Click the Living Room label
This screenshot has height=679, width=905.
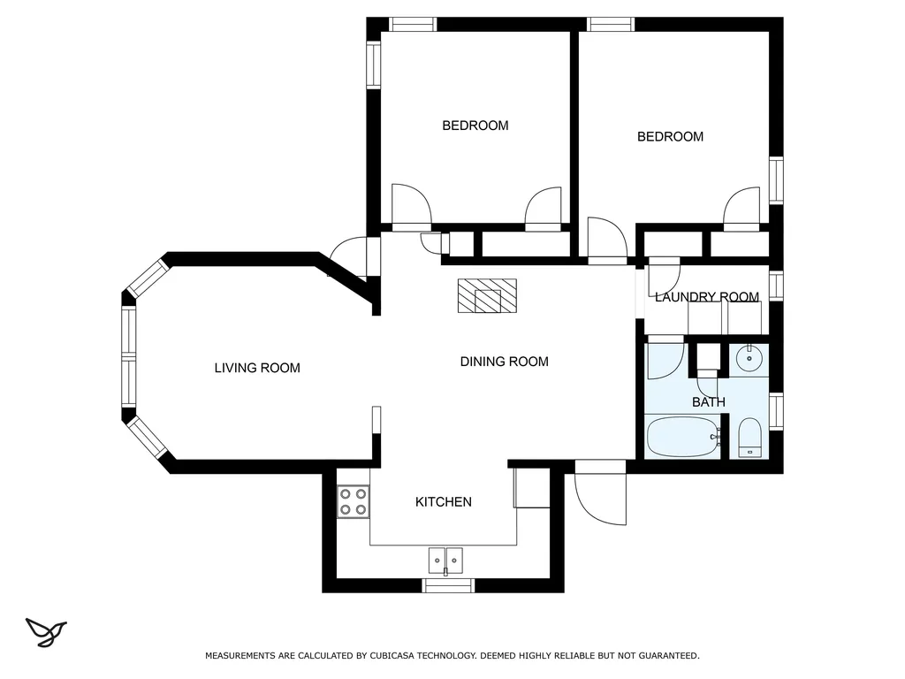coord(257,368)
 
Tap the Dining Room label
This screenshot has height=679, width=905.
coord(504,362)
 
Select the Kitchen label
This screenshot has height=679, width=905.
coord(444,502)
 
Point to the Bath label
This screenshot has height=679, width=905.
coord(708,402)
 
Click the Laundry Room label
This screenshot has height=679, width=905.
coord(706,297)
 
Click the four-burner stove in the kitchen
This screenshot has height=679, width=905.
coord(354,501)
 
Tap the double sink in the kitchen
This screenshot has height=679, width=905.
coord(445,561)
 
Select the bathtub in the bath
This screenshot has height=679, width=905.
coord(683,437)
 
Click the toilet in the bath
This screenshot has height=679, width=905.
coord(749,438)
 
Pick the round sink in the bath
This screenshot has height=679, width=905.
coord(749,360)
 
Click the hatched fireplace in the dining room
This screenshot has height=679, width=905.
coord(487,295)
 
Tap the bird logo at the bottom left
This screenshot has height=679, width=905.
coord(46,632)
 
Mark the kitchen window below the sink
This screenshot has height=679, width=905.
coord(448,585)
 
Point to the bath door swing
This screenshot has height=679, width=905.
coord(665,362)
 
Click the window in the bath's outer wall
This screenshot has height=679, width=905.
coord(776,412)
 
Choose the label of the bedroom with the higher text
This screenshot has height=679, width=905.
coord(475,126)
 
